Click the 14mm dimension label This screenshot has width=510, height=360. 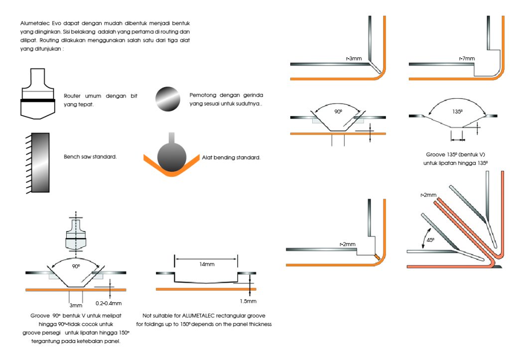pyautogui.click(x=206, y=264)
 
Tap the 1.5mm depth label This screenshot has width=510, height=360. pyautogui.click(x=248, y=301)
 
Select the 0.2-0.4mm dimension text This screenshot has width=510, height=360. pyautogui.click(x=108, y=303)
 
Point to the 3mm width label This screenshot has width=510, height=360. pyautogui.click(x=75, y=305)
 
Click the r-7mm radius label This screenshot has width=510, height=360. pyautogui.click(x=467, y=58)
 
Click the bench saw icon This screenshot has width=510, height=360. pyautogui.click(x=38, y=162)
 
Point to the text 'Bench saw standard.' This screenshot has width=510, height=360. pyautogui.click(x=90, y=157)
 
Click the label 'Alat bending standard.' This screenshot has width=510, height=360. pyautogui.click(x=231, y=157)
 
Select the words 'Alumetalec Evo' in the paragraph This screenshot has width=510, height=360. pyautogui.click(x=38, y=23)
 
